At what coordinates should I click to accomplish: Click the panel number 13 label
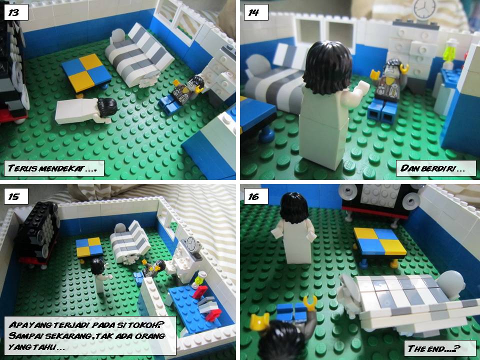15,12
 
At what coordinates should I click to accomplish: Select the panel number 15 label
15,196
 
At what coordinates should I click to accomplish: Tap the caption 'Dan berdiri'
435,168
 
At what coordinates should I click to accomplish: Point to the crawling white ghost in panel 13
85,110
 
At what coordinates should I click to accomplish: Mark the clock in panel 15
190,245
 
